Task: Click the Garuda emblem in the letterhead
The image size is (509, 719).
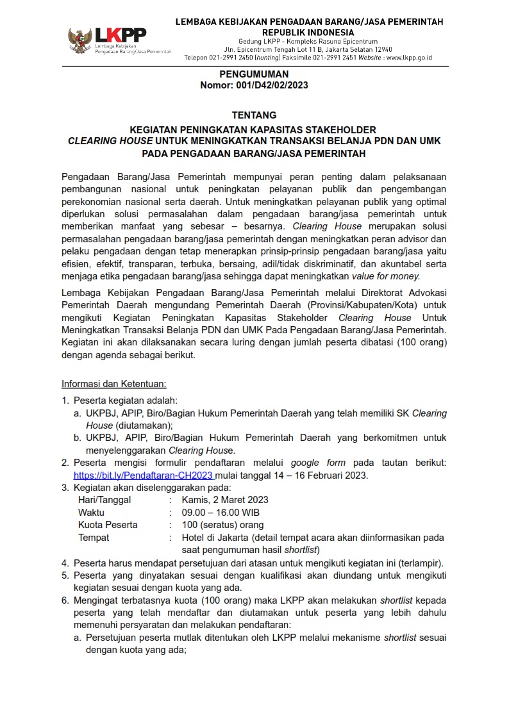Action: pos(79,40)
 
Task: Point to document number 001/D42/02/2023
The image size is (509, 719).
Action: pos(270,85)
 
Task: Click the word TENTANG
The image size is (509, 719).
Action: pos(254,115)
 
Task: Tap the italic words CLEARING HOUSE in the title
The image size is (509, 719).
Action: pos(110,140)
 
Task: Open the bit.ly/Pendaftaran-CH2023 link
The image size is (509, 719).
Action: pos(144,475)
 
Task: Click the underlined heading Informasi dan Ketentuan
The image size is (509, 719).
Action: pos(114,384)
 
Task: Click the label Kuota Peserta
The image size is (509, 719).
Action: pos(108,525)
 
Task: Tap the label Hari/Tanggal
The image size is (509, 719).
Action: pos(104,500)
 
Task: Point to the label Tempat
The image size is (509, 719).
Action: pos(94,538)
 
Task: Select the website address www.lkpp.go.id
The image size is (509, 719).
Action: pos(408,57)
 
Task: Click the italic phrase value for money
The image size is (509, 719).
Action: pos(385,276)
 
